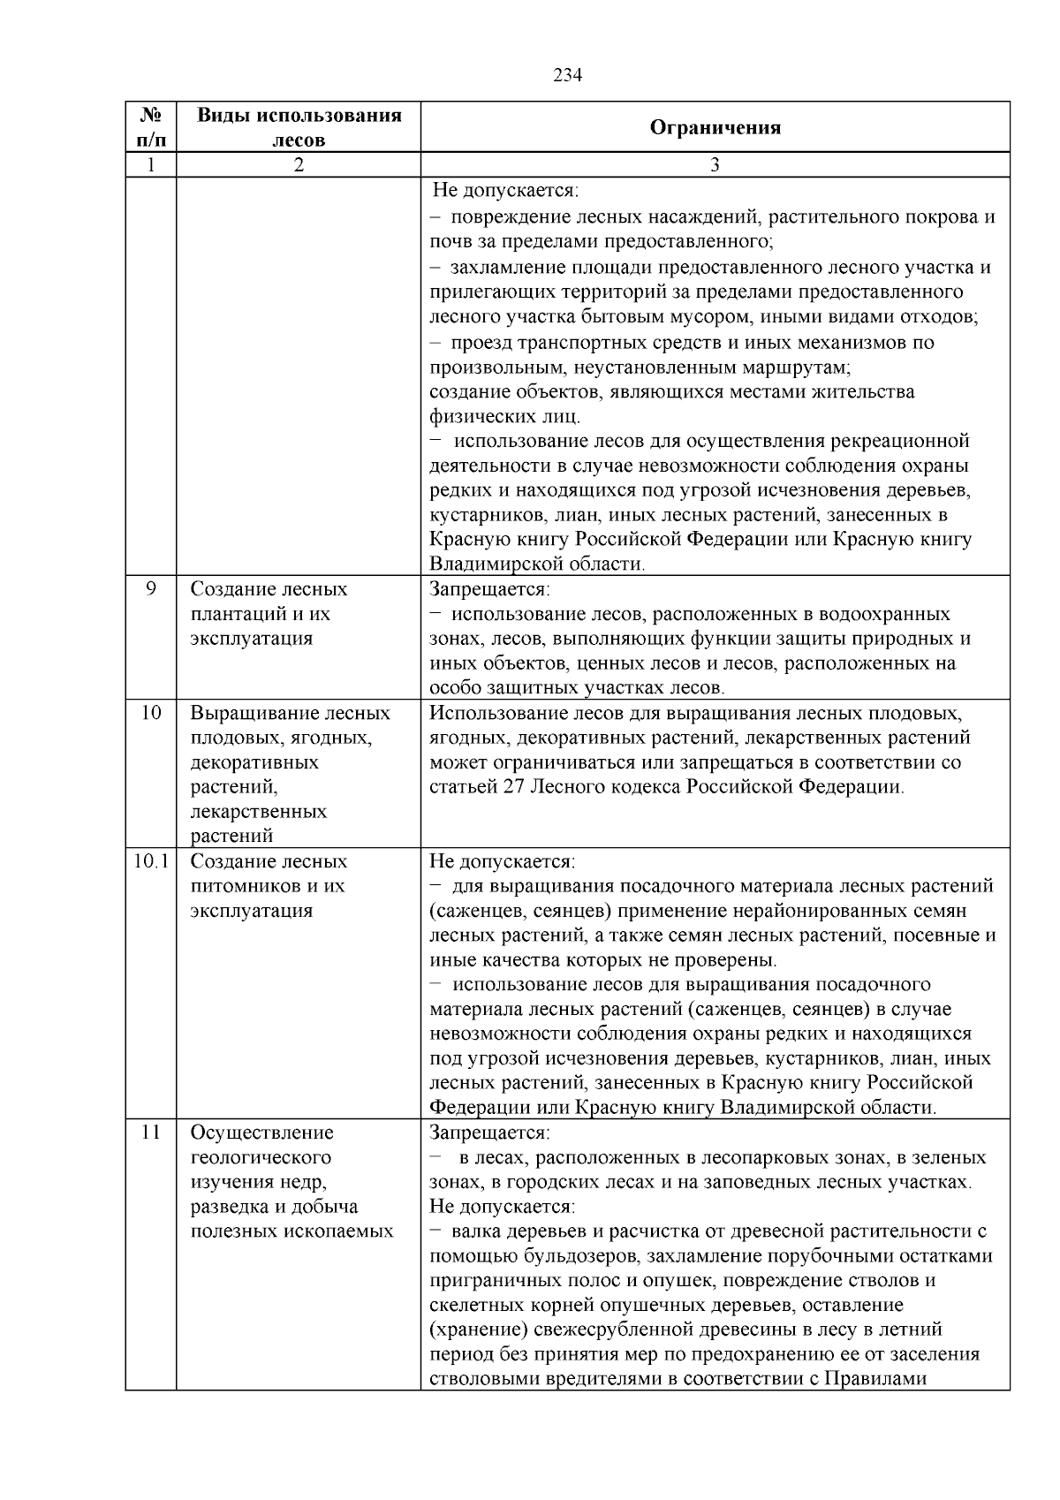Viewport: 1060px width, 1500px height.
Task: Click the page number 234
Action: point(567,76)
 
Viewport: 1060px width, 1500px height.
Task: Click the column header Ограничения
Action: point(715,128)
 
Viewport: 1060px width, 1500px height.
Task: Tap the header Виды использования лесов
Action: point(299,127)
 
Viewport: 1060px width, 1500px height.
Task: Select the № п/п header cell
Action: point(151,127)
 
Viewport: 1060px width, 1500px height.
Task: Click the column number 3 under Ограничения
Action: point(715,165)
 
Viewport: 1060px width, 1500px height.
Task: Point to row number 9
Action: point(151,588)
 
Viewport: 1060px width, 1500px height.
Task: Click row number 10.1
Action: point(151,861)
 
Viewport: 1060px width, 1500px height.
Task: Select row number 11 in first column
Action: point(151,1133)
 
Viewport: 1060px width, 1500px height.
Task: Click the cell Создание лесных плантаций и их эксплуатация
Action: point(269,613)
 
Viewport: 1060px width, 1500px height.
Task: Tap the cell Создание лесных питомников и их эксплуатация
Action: point(269,885)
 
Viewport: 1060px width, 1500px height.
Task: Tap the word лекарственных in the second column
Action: point(259,811)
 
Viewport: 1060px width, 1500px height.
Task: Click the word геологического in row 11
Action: point(261,1157)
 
